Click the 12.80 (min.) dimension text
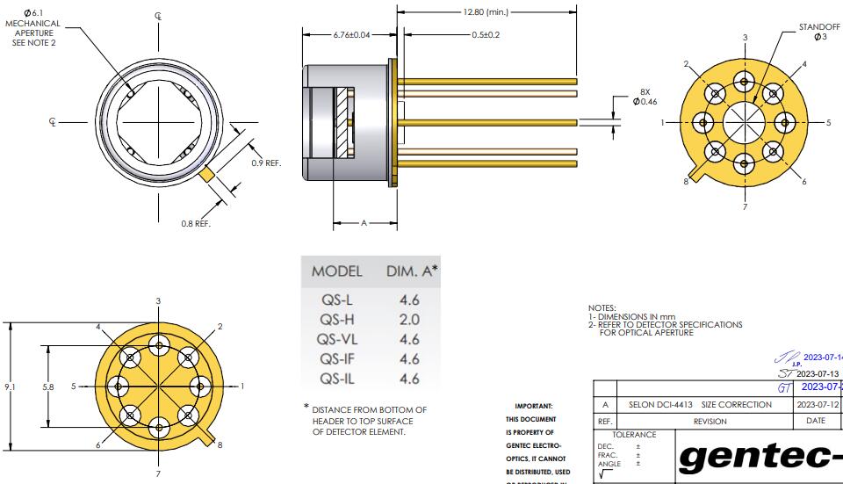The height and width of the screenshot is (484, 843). pyautogui.click(x=485, y=12)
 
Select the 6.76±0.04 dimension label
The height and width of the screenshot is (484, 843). pyautogui.click(x=351, y=34)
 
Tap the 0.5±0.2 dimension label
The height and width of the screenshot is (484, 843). pyautogui.click(x=486, y=34)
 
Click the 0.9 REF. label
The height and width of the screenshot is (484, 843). pyautogui.click(x=266, y=163)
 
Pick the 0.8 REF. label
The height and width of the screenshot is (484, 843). pyautogui.click(x=196, y=224)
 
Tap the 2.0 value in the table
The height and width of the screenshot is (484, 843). pyautogui.click(x=409, y=320)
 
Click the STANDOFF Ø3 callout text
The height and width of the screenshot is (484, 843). pyautogui.click(x=818, y=32)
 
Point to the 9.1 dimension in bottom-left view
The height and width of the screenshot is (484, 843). pyautogui.click(x=9, y=386)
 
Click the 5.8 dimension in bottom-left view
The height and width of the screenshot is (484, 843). pyautogui.click(x=48, y=386)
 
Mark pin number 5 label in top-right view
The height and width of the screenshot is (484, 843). pyautogui.click(x=827, y=123)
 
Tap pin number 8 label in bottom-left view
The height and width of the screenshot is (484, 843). pyautogui.click(x=220, y=444)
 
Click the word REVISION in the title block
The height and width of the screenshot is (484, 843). pyautogui.click(x=710, y=421)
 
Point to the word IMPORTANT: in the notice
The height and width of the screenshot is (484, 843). pyautogui.click(x=533, y=406)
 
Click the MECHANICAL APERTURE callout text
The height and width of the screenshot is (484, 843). pyautogui.click(x=33, y=29)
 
